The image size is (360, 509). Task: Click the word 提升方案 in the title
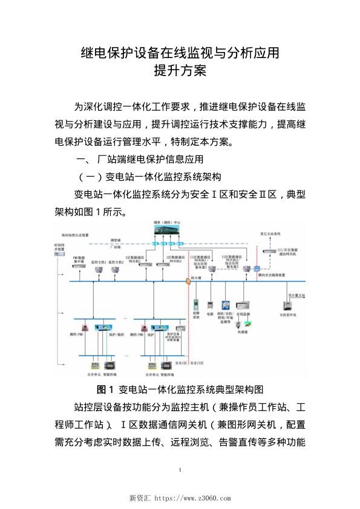[x=180, y=71]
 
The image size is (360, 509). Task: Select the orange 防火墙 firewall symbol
[x=186, y=280]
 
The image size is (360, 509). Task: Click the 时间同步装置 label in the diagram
[x=59, y=248]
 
